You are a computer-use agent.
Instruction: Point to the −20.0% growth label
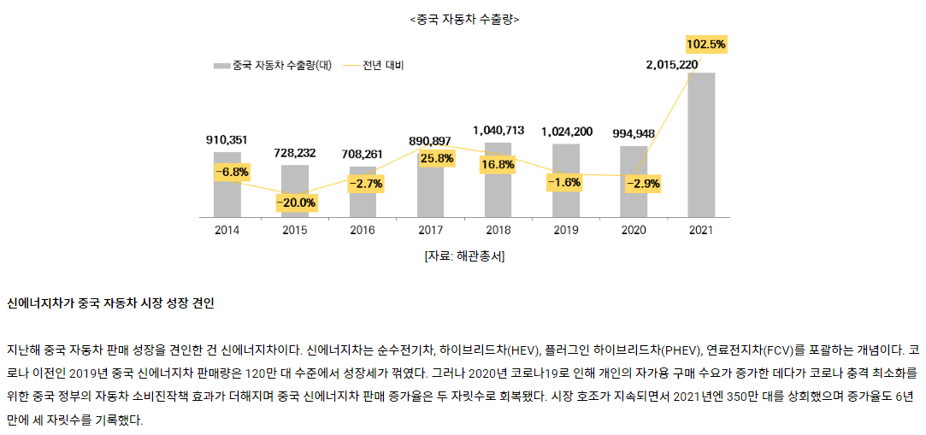pos(296,203)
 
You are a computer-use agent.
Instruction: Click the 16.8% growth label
pos(498,164)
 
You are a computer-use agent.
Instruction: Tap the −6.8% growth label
pos(232,172)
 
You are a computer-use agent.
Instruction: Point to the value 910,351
pos(227,139)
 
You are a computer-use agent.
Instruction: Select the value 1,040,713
pos(498,130)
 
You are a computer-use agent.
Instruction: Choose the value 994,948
pos(634,133)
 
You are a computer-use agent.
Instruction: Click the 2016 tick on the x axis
pos(363,230)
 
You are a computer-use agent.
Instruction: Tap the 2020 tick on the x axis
pos(634,230)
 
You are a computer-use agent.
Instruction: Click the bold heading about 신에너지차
pos(110,303)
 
